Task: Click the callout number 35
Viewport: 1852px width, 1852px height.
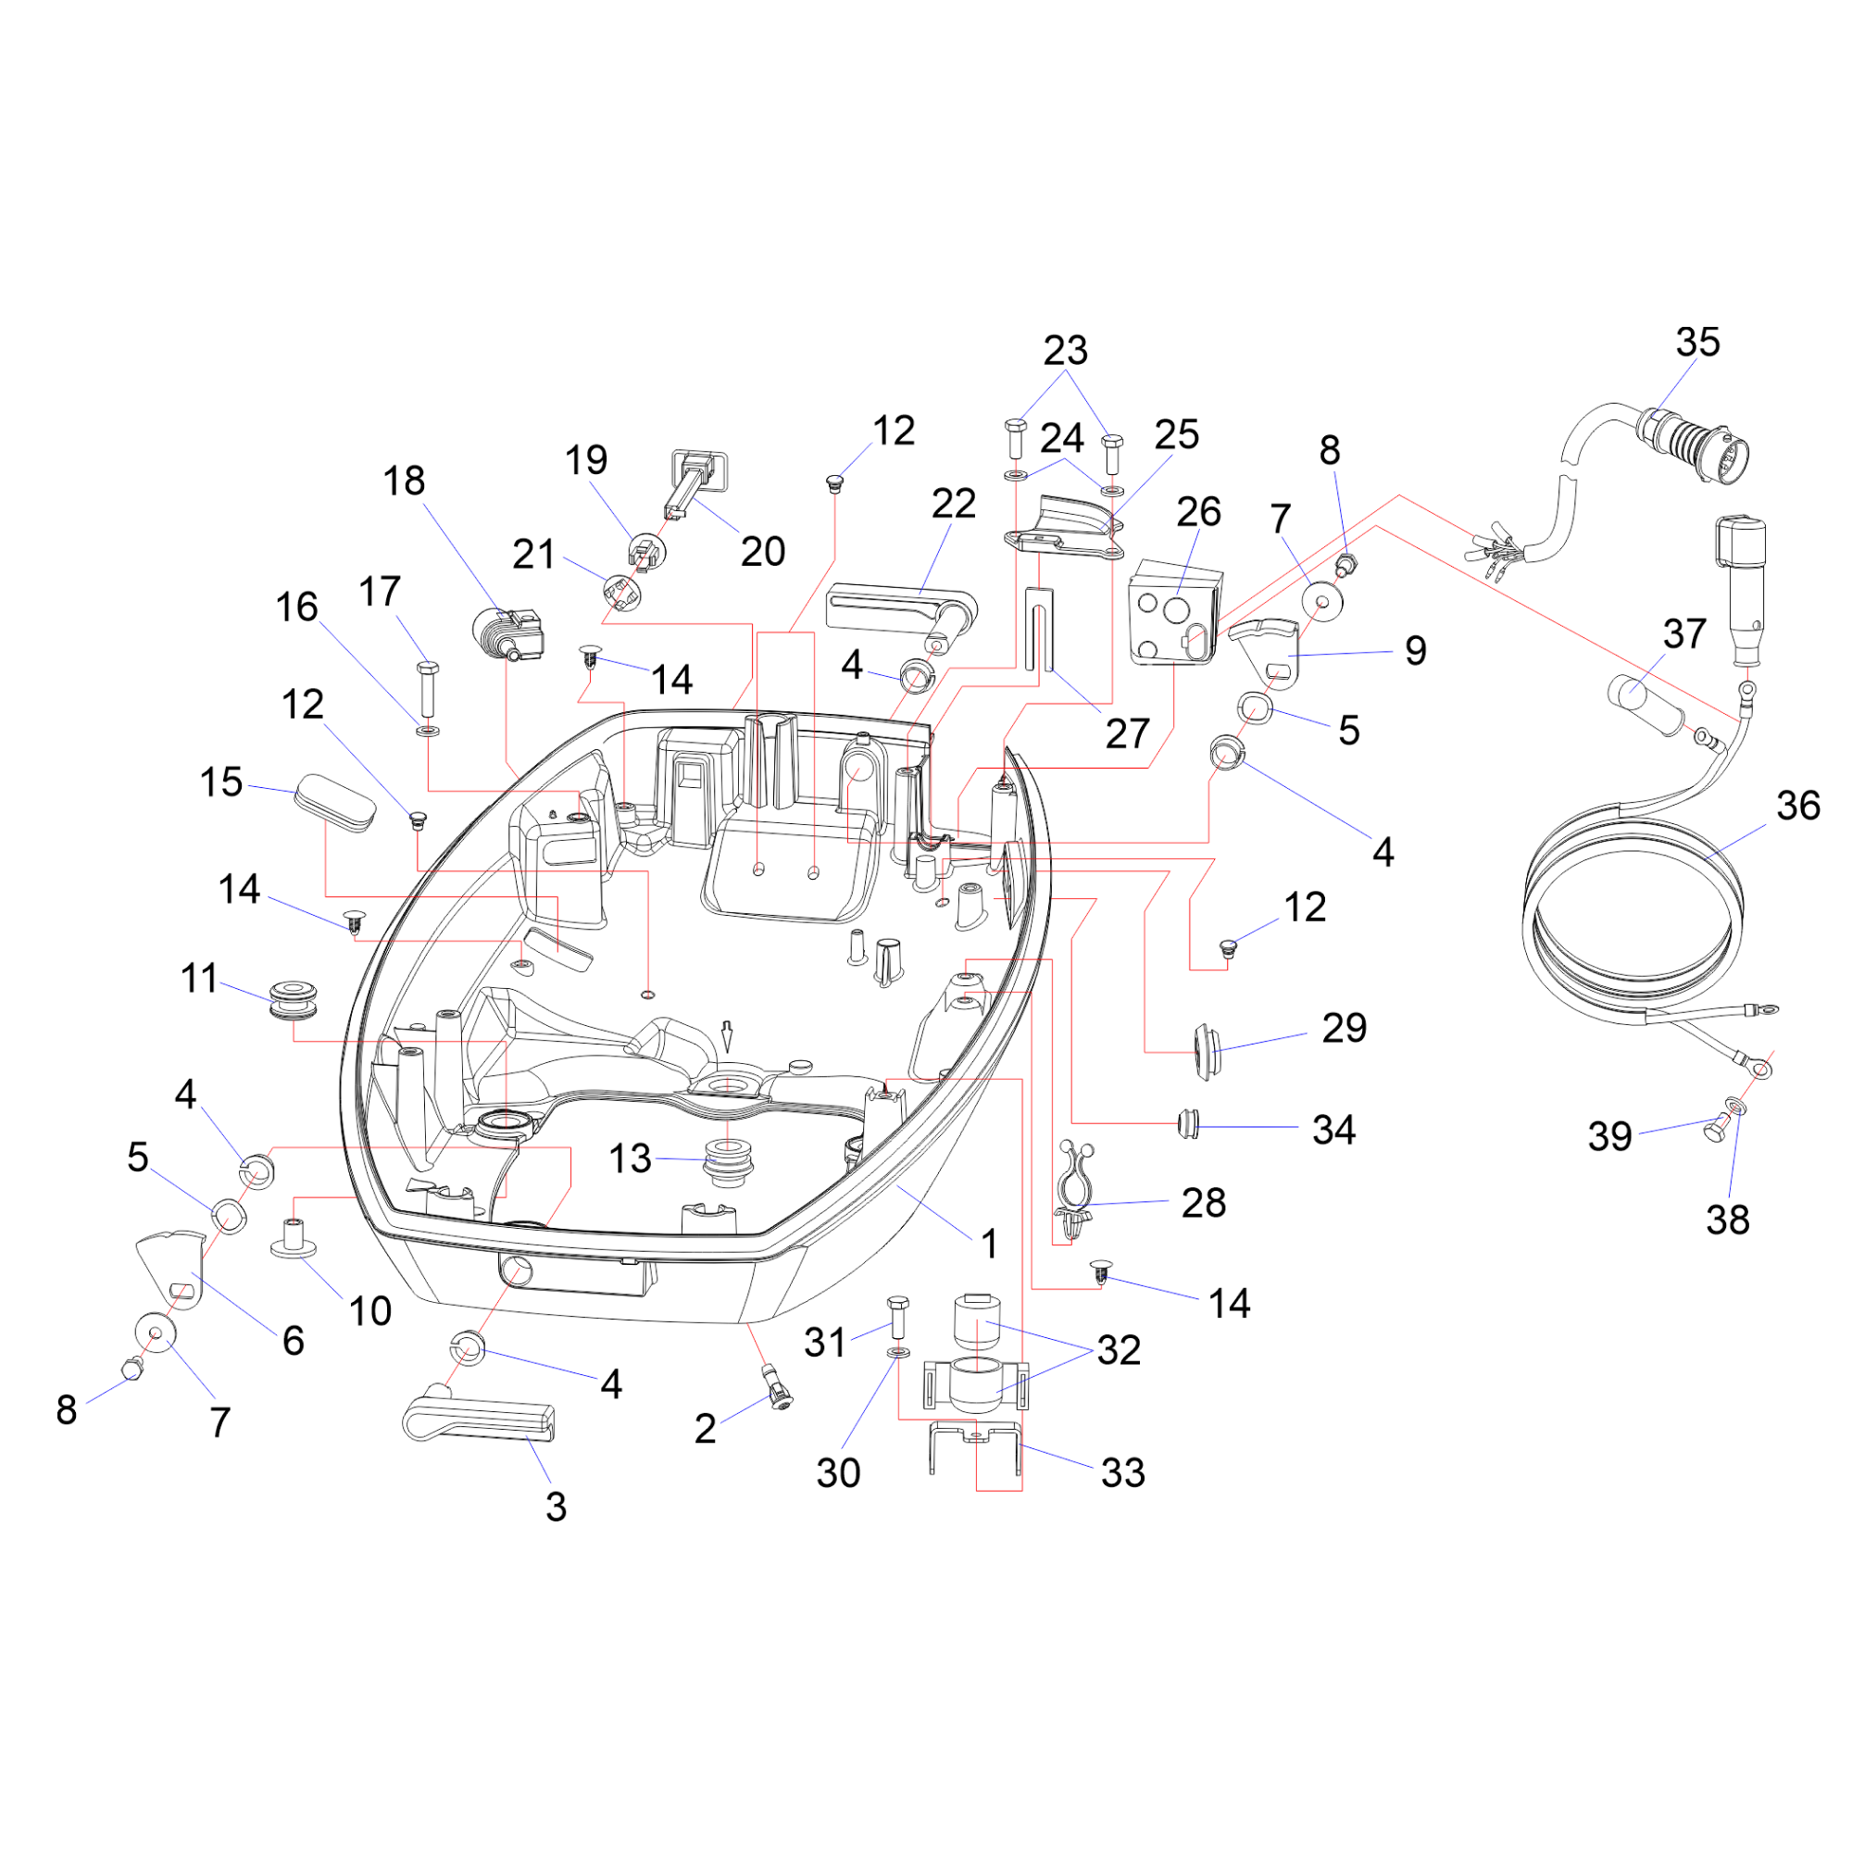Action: coord(1696,343)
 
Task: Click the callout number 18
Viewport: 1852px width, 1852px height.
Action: coord(404,482)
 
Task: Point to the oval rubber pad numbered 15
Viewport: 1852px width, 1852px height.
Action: coord(334,803)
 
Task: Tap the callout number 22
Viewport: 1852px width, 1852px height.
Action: coord(953,505)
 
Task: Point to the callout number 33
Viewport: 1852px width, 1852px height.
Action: coord(1122,1472)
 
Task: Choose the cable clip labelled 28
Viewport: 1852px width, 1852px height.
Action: coord(1072,1194)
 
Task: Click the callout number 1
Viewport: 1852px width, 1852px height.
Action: coord(989,1245)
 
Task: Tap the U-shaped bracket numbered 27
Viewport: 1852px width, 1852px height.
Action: coord(1040,628)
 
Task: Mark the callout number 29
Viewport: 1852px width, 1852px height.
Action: coord(1344,1029)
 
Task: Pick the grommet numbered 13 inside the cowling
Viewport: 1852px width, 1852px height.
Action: coord(727,1162)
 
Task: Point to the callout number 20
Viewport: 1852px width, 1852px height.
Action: coord(762,551)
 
